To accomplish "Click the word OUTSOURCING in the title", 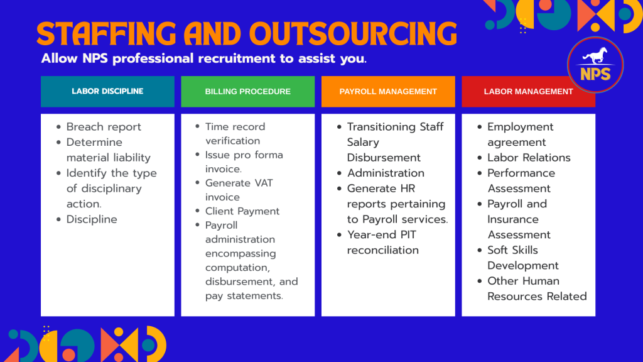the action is point(353,34).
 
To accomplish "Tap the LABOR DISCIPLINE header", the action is point(107,92).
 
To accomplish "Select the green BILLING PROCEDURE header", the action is point(247,92).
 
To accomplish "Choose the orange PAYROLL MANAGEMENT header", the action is point(388,92).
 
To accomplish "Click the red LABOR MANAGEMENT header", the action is point(528,92).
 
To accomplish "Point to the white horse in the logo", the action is point(595,56).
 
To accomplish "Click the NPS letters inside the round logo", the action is point(595,74).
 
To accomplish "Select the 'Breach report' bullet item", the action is point(104,127).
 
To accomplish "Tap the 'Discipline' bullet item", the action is point(92,219).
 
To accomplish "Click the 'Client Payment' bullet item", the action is point(242,211).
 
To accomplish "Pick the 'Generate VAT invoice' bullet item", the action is point(239,190).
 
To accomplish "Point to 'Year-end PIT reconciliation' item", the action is point(383,242).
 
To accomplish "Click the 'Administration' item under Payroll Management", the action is point(386,173).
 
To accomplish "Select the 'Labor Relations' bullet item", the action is point(529,158).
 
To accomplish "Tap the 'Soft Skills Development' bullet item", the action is point(523,258).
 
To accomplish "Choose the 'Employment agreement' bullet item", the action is point(521,134).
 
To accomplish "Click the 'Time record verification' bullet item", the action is point(235,134).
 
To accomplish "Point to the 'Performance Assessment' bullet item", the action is point(521,180).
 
